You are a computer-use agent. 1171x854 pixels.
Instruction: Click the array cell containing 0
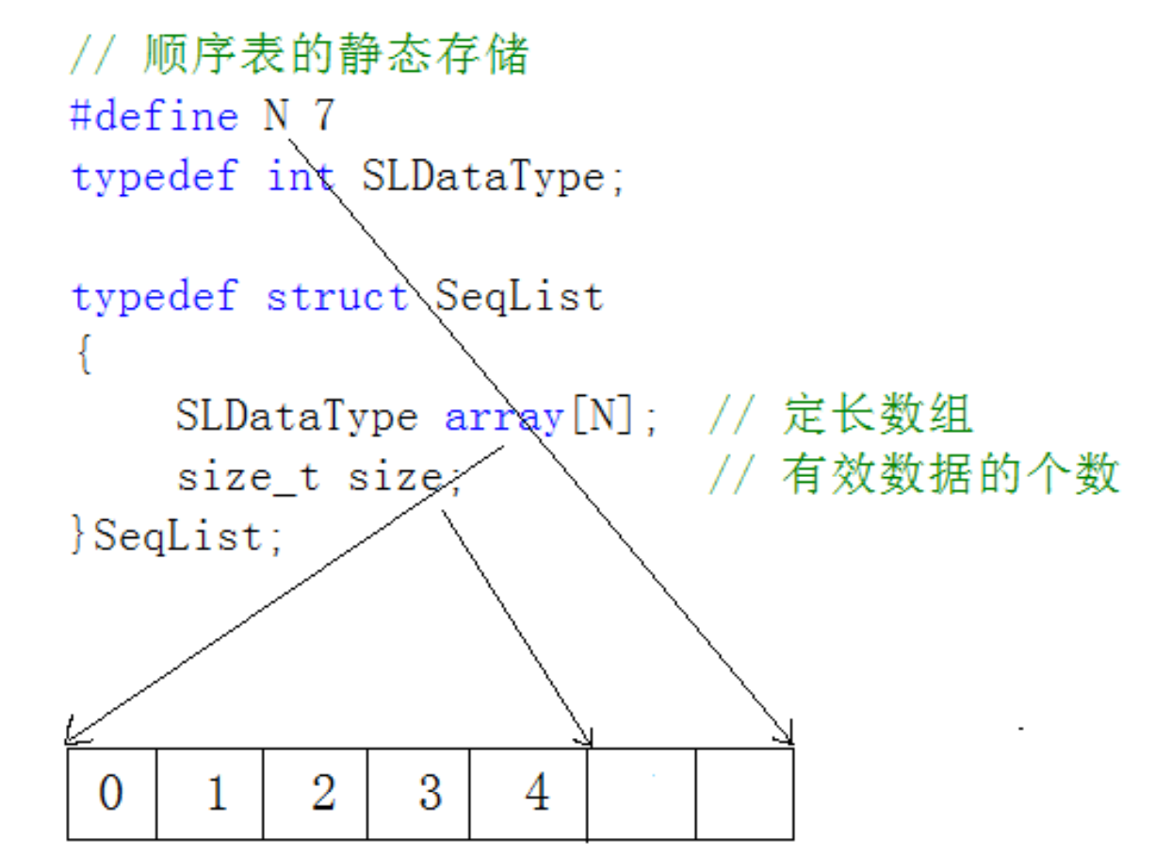pos(110,793)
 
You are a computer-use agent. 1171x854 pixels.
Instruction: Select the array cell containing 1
pos(216,793)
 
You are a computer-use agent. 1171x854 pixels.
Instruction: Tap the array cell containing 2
pos(323,793)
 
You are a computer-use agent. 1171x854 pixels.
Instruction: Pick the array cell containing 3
pos(429,793)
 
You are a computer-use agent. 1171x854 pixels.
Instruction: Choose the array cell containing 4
pos(535,793)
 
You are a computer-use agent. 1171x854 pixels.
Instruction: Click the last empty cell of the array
pos(744,793)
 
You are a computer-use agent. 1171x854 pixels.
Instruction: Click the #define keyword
pos(155,117)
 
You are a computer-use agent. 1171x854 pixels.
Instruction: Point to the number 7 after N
pos(323,117)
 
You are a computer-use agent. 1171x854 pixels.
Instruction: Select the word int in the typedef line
pos(300,176)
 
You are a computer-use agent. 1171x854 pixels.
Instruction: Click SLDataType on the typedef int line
pos(481,176)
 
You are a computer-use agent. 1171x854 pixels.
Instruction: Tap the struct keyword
pos(337,297)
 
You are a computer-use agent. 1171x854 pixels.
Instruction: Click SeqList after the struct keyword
pos(518,297)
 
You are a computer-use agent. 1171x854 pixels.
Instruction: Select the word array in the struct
pos(504,417)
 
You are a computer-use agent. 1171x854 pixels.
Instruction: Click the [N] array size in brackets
pos(602,417)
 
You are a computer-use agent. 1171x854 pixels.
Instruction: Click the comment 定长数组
pos(876,416)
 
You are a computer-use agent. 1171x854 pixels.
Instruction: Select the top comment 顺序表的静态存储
pos(335,56)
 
